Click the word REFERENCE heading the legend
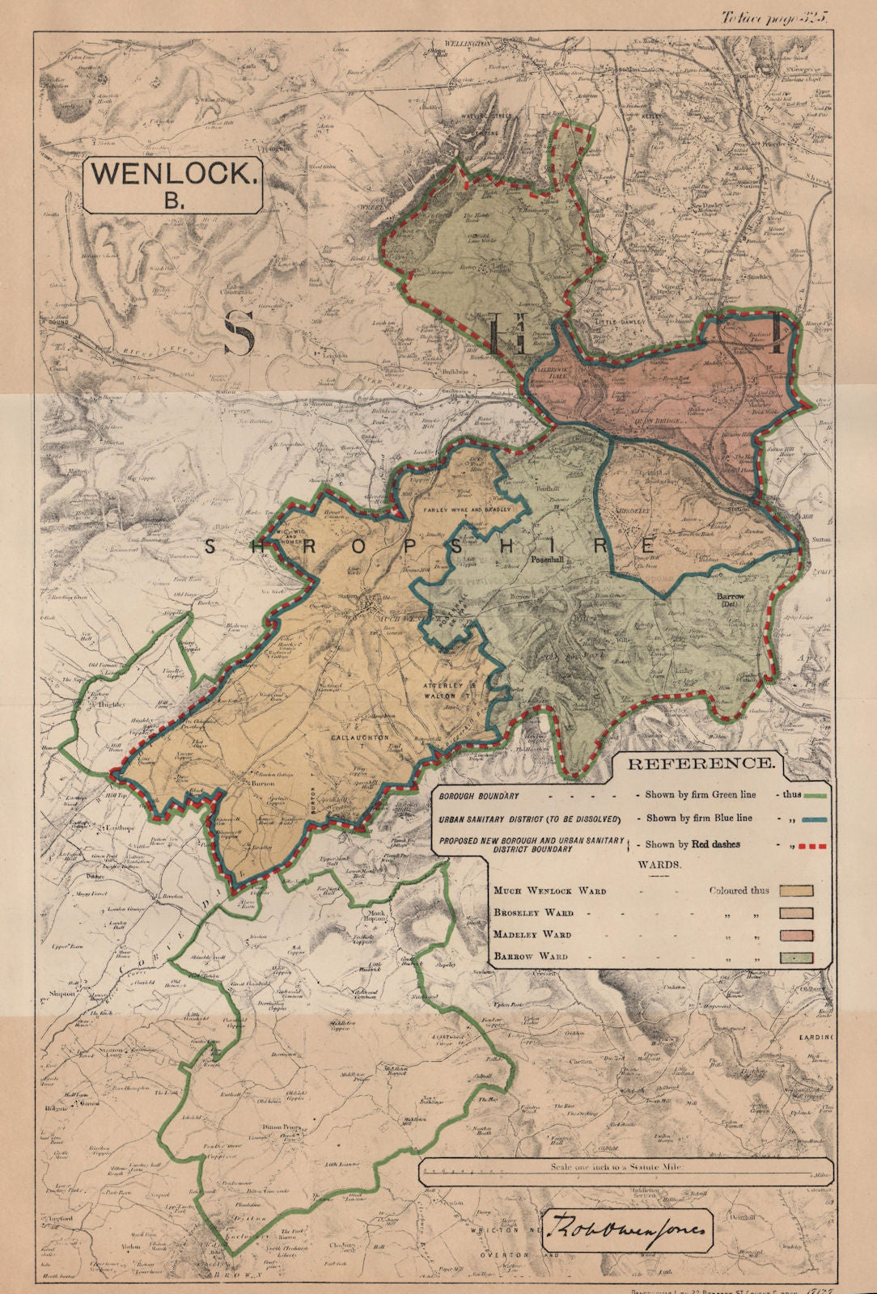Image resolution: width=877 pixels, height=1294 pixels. click(x=701, y=763)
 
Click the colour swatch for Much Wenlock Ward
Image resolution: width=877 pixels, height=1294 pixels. click(x=795, y=891)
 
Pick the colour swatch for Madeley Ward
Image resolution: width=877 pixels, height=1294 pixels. click(x=795, y=936)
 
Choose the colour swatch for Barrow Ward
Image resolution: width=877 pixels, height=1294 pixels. click(x=795, y=958)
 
